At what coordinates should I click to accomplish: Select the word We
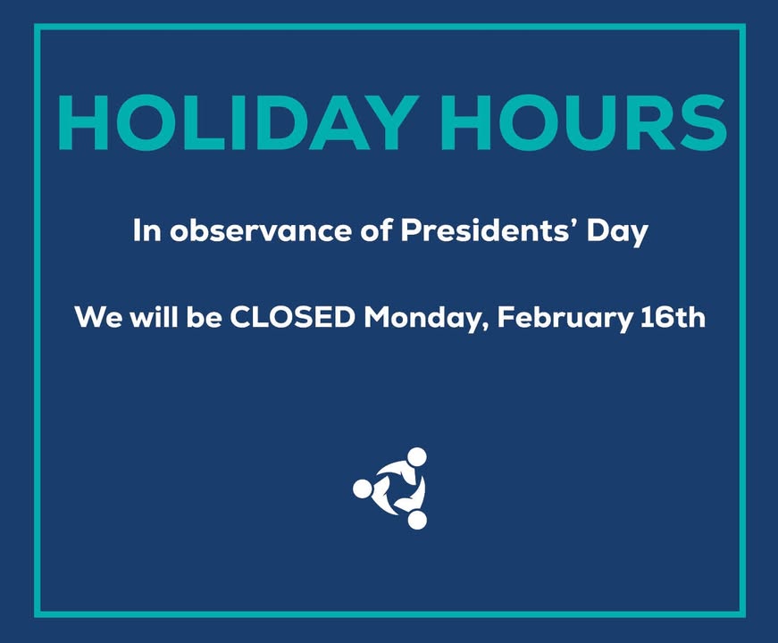[93, 317]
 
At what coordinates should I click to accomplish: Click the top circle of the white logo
[416, 456]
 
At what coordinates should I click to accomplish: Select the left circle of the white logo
[362, 489]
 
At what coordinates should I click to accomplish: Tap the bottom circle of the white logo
[417, 520]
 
